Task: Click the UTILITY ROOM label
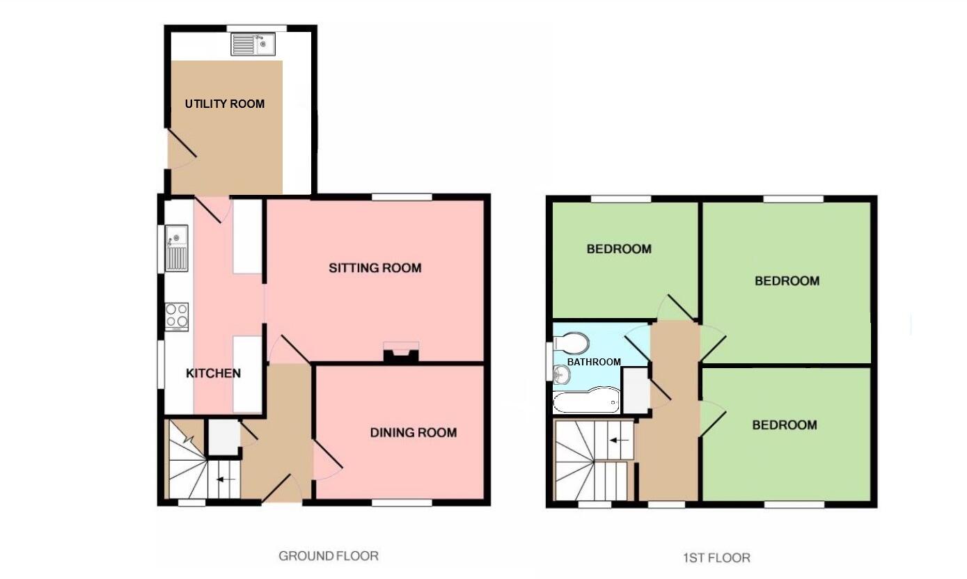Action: [x=224, y=104]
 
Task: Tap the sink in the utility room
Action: [x=253, y=45]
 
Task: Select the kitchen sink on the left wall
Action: [x=176, y=248]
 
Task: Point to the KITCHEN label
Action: [x=213, y=374]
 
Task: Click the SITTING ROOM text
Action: [x=375, y=268]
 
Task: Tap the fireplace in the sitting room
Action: [x=401, y=353]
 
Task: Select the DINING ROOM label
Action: [x=413, y=433]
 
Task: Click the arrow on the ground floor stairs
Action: [x=226, y=479]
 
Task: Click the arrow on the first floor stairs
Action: [x=619, y=441]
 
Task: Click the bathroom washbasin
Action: [x=562, y=375]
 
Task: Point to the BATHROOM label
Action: [x=593, y=362]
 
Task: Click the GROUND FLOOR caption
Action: [x=329, y=556]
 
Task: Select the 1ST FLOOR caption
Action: [x=716, y=557]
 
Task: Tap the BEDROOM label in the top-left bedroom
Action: [x=619, y=249]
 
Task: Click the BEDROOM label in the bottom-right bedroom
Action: [x=785, y=425]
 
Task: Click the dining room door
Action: [x=328, y=459]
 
